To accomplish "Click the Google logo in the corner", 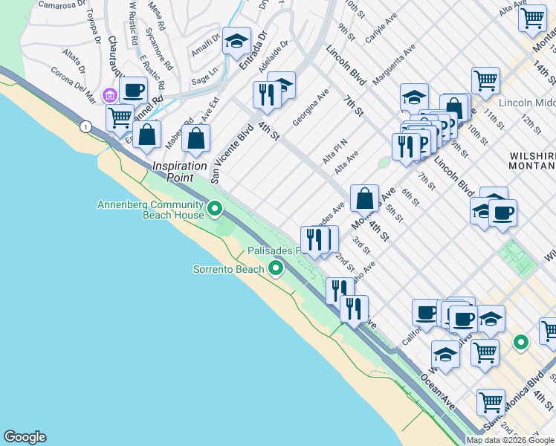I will point(25,437).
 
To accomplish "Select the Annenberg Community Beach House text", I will point(151,210).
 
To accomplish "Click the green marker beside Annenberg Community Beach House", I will point(215,209).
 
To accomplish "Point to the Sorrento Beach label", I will point(229,268).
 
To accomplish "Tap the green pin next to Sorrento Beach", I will point(276,268).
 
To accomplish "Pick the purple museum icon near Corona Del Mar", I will point(110,94).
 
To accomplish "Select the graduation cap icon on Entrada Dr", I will point(237,42).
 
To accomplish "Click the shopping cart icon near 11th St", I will point(485,81).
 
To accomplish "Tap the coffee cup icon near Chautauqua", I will point(134,91).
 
